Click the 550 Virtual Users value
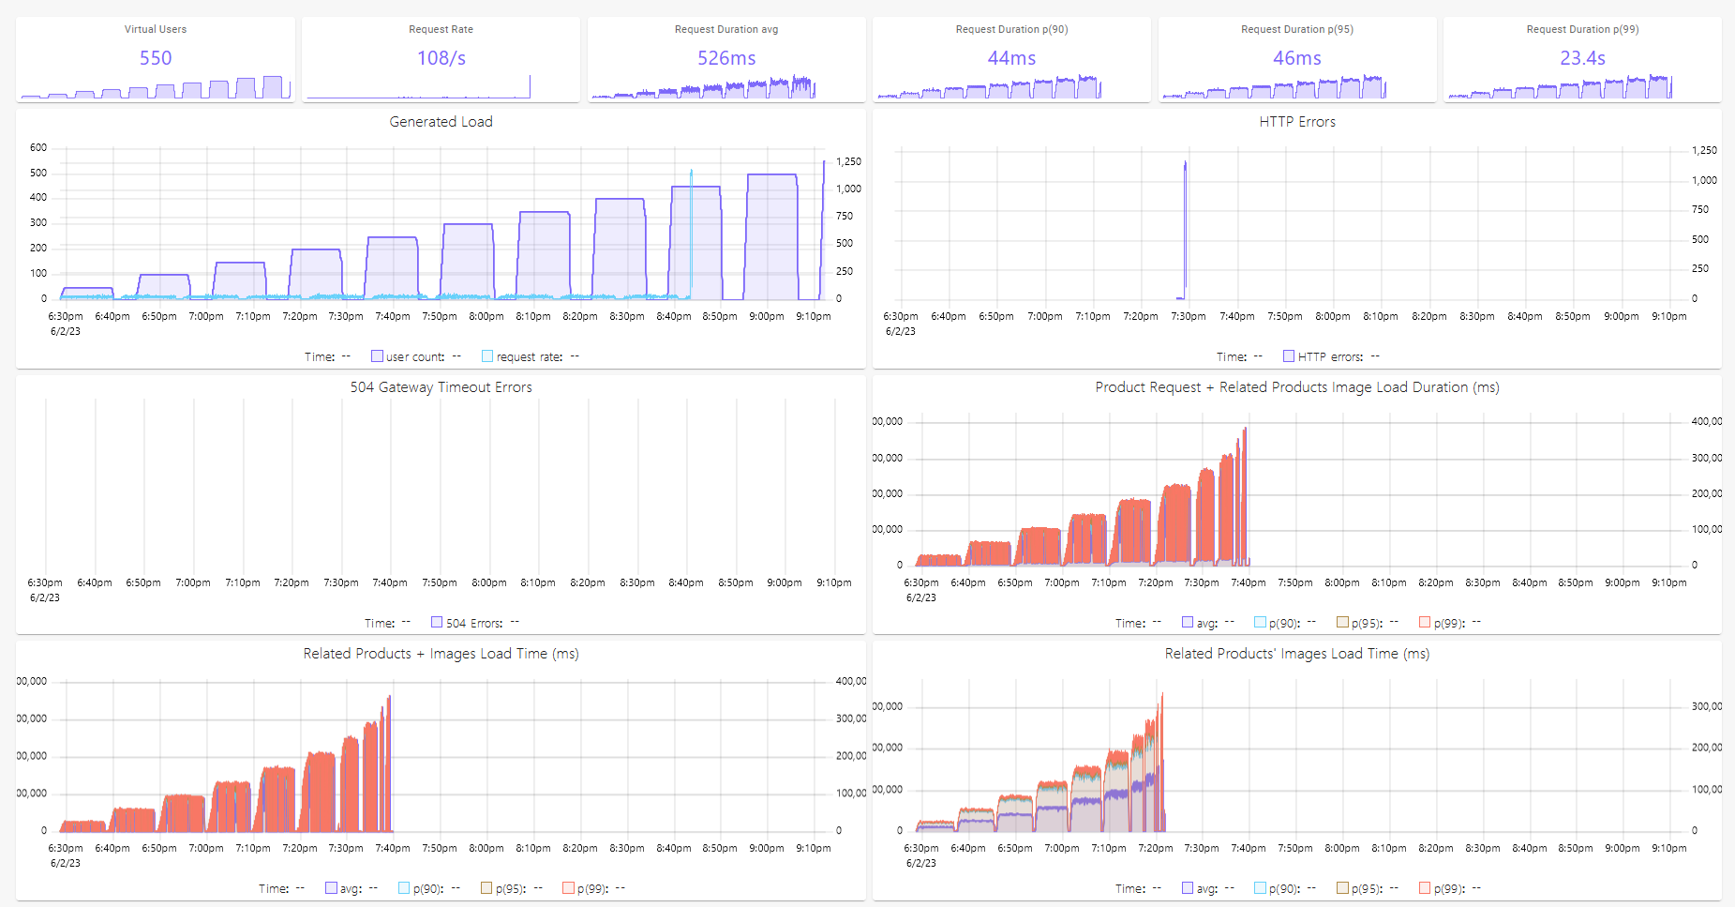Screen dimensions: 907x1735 (x=156, y=58)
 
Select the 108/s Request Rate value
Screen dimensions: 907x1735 (x=441, y=58)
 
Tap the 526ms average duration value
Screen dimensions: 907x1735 (x=726, y=58)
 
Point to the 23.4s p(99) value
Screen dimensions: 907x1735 (x=1582, y=58)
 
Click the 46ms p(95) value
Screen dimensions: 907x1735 (x=1297, y=58)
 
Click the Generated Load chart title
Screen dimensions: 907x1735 (x=441, y=122)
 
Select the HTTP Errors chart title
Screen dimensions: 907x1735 (x=1297, y=122)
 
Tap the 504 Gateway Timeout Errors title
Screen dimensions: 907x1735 (x=441, y=387)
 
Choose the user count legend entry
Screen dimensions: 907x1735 (x=414, y=356)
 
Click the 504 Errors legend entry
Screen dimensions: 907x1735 (x=473, y=623)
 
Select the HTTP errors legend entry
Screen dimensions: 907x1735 (x=1329, y=356)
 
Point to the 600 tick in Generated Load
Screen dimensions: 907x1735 (x=38, y=147)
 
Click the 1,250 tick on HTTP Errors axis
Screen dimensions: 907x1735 (x=1704, y=150)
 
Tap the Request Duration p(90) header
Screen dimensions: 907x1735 (x=1011, y=29)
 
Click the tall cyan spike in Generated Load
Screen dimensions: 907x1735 (x=692, y=234)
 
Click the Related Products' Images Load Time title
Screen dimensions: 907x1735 (x=1296, y=654)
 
